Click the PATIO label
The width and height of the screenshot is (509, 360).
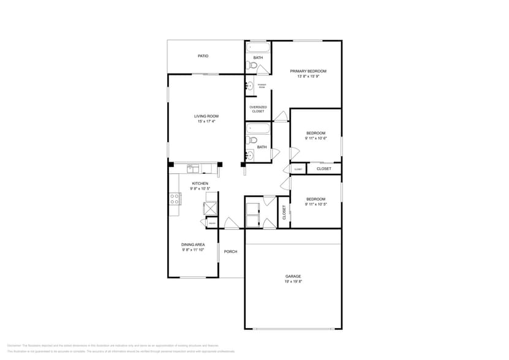pyautogui.click(x=203, y=56)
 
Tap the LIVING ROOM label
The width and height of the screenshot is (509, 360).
pyautogui.click(x=206, y=116)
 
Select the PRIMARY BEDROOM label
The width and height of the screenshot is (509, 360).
pyautogui.click(x=308, y=71)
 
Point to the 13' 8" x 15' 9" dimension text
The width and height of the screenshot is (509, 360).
pyautogui.click(x=308, y=77)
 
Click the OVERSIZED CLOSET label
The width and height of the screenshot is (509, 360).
pyautogui.click(x=258, y=109)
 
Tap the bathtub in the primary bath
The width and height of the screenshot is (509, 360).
pyautogui.click(x=258, y=47)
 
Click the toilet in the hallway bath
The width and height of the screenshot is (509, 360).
pyautogui.click(x=253, y=140)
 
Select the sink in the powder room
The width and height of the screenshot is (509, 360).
pyautogui.click(x=250, y=86)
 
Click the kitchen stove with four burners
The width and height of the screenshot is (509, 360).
pyautogui.click(x=175, y=198)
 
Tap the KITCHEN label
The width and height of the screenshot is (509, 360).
pyautogui.click(x=200, y=183)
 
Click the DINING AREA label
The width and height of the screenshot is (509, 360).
pyautogui.click(x=192, y=244)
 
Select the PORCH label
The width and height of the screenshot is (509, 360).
pyautogui.click(x=230, y=252)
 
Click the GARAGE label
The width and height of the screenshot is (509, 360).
pyautogui.click(x=293, y=276)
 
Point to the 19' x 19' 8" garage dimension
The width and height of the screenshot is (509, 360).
pyautogui.click(x=293, y=282)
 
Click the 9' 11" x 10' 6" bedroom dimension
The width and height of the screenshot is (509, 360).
pyautogui.click(x=315, y=138)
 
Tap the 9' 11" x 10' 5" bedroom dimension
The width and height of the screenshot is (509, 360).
pyautogui.click(x=315, y=204)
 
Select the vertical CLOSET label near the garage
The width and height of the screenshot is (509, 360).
pyautogui.click(x=284, y=212)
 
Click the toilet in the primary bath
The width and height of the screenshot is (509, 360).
pyautogui.click(x=253, y=65)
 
